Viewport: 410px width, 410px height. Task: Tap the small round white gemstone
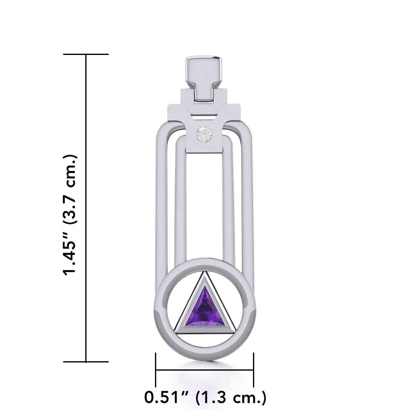(205, 134)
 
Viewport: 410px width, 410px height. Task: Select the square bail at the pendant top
(205, 78)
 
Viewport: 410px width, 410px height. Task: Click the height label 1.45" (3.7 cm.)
(70, 215)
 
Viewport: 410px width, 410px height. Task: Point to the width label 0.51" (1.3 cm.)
(205, 397)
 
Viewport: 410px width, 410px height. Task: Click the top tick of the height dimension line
(86, 54)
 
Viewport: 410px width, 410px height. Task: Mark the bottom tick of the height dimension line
(86, 362)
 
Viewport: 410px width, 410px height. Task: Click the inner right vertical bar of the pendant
(229, 205)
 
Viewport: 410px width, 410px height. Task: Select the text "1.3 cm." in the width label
(232, 397)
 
